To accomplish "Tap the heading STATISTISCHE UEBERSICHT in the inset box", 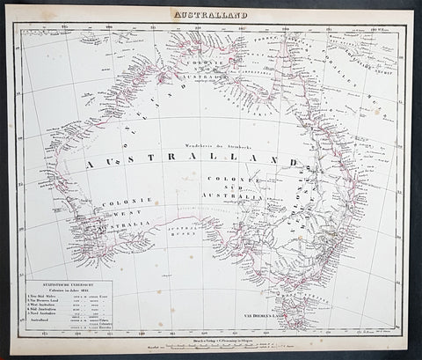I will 68,285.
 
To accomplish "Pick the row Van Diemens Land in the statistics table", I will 65,304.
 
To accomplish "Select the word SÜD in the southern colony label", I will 250,186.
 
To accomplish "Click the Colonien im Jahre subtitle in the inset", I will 68,291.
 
